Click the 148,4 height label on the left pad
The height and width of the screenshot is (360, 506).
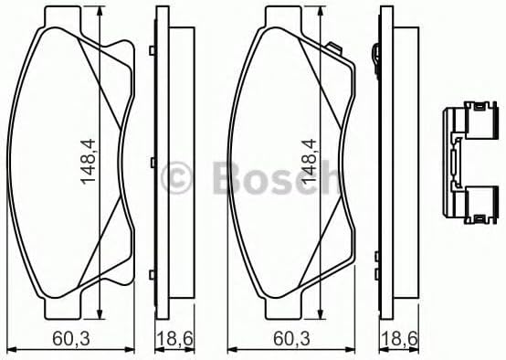tap(88, 162)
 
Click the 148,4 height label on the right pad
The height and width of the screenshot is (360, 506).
tap(309, 162)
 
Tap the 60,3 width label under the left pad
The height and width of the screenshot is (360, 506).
tap(71, 339)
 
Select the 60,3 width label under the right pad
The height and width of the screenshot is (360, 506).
tap(291, 339)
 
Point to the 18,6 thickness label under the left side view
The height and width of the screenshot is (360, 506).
tap(174, 339)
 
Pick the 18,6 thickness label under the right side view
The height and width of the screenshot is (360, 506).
tap(399, 339)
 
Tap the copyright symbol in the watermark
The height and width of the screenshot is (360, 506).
tap(176, 178)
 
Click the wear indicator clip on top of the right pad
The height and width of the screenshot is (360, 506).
tap(333, 48)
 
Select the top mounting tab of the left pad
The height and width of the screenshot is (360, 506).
tap(63, 17)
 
